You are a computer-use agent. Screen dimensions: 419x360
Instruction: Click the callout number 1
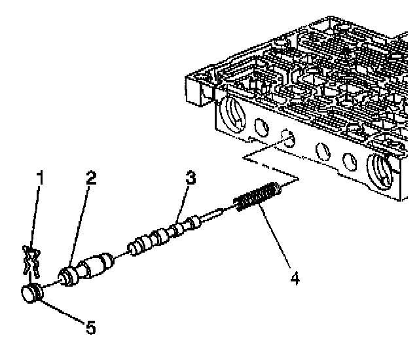click(x=40, y=177)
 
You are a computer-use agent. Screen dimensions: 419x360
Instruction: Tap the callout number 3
click(x=191, y=177)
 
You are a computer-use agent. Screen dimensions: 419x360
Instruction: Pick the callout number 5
click(x=90, y=327)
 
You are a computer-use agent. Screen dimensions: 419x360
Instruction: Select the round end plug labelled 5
click(x=32, y=294)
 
